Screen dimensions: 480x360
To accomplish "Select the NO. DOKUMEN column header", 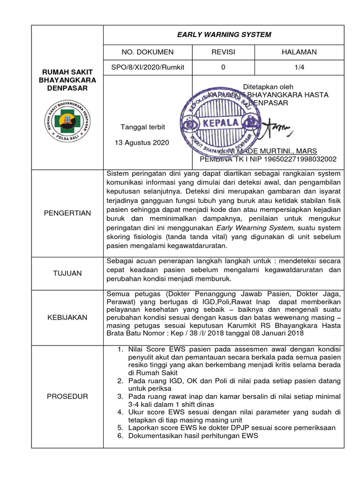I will pos(148,52).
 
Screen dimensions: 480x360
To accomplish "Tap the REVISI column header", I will pos(223,52).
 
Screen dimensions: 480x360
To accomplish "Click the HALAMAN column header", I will pos(299,52).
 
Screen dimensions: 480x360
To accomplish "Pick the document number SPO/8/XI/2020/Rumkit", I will pos(148,67).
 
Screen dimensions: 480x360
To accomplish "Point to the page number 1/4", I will pos(299,67).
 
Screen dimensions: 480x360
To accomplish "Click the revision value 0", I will pos(223,67).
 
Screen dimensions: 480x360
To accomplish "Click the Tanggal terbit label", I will pos(143,127).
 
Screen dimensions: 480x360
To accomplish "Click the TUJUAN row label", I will pos(67,273).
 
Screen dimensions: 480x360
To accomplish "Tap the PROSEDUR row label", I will pos(67,397).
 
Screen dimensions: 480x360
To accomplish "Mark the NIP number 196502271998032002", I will pos(300,159).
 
